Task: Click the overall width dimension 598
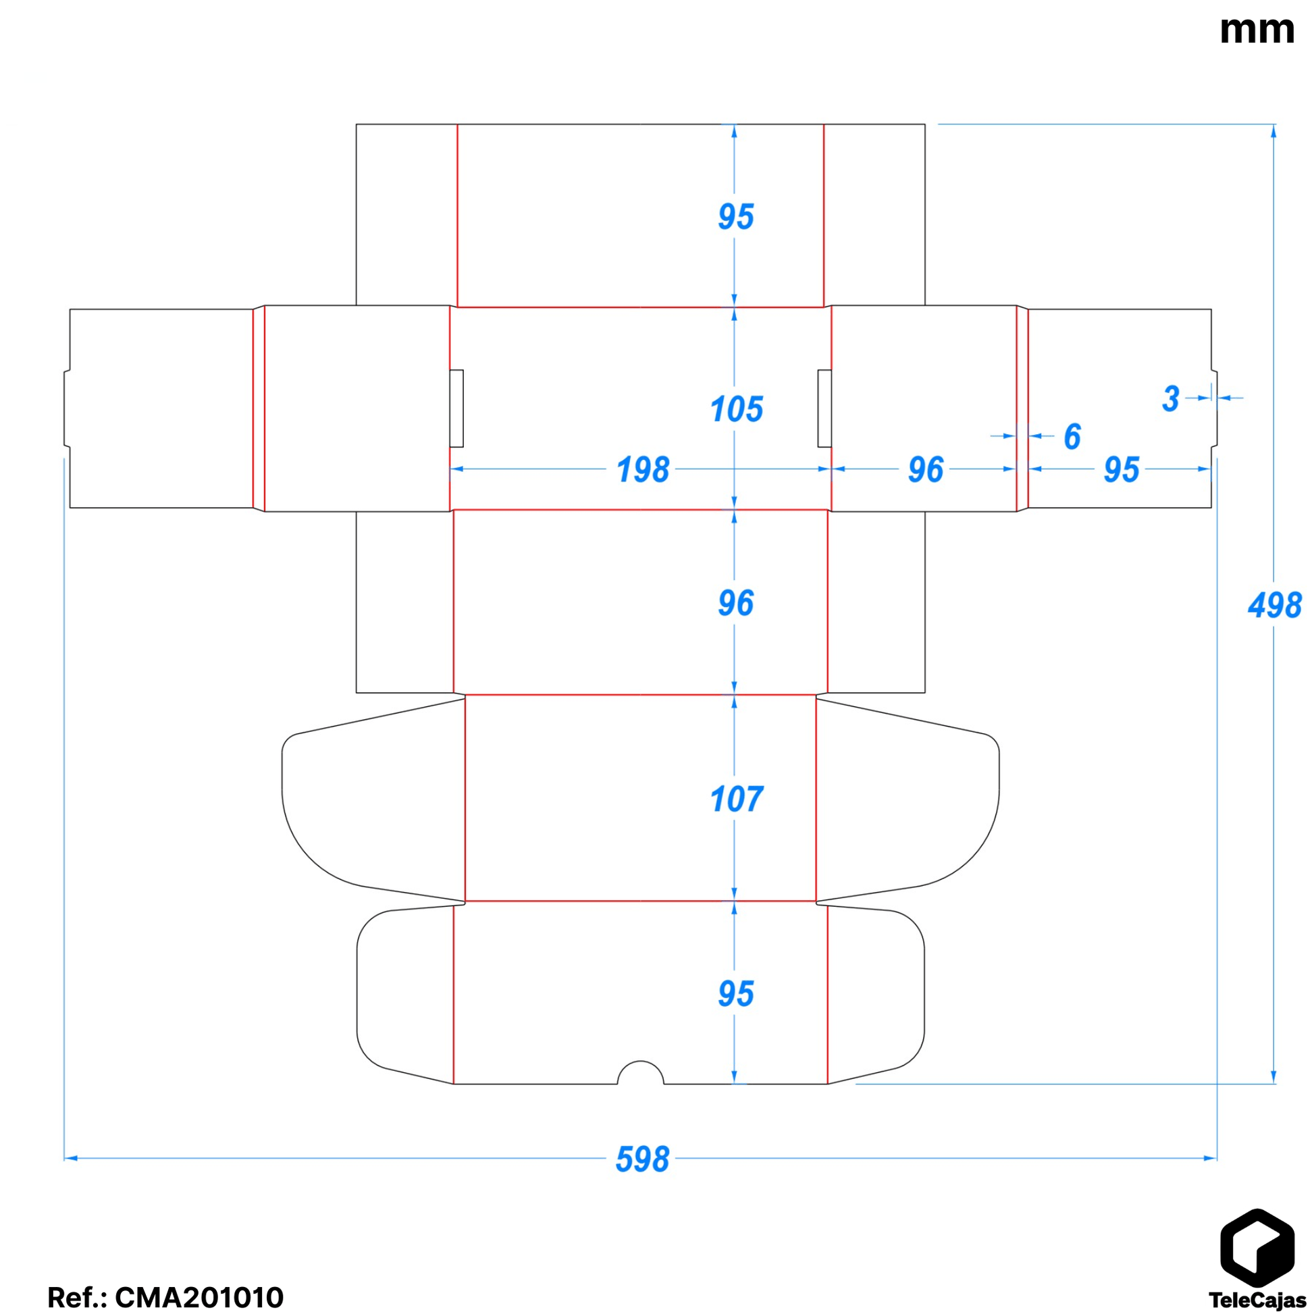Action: (x=642, y=1159)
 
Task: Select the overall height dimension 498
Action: (x=1274, y=604)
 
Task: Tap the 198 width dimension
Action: (x=642, y=470)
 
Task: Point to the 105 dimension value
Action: (x=736, y=409)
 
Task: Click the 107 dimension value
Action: (x=736, y=799)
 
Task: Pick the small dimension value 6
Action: (x=1072, y=437)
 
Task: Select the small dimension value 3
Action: (x=1170, y=398)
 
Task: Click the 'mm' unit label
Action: (x=1256, y=30)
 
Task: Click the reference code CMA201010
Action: (x=199, y=1297)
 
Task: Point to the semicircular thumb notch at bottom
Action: (x=640, y=1074)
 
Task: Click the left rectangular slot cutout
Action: (x=456, y=408)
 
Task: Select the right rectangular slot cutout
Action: (x=824, y=408)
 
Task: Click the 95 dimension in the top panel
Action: (x=736, y=216)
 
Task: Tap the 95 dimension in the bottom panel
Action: (x=736, y=994)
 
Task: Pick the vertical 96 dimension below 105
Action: (x=736, y=603)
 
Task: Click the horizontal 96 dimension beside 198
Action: (x=925, y=470)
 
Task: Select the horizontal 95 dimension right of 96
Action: (x=1121, y=470)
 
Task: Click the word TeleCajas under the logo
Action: (x=1257, y=1300)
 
